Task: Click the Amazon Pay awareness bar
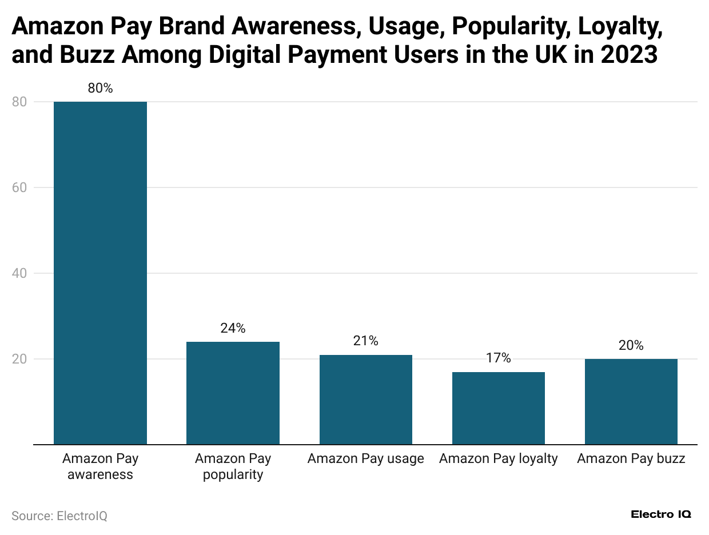100,273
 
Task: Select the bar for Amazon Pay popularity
233,393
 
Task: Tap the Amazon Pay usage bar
365,399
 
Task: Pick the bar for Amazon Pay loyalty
498,408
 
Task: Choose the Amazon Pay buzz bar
631,401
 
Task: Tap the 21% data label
365,341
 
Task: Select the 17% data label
498,358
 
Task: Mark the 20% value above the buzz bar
631,345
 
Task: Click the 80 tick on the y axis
19,102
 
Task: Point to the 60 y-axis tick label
19,187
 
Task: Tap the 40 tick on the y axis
19,273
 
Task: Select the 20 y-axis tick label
19,359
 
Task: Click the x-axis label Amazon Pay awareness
100,466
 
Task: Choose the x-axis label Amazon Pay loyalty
498,458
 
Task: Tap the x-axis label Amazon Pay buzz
631,458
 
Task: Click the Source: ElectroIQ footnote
59,516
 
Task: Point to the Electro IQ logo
661,514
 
